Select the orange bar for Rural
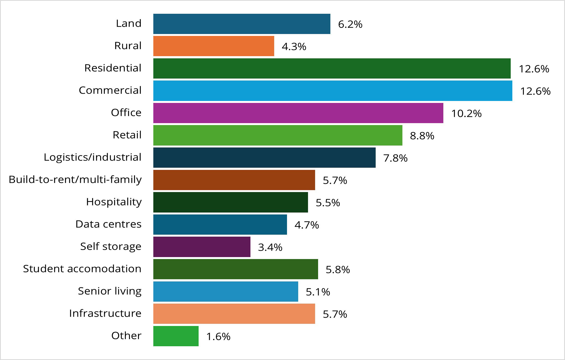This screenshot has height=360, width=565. click(214, 46)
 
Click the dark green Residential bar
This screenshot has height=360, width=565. click(332, 69)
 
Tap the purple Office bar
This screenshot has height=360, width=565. click(298, 113)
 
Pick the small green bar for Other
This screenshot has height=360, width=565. click(176, 336)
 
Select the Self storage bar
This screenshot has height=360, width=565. click(202, 247)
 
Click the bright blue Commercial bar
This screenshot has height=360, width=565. click(333, 91)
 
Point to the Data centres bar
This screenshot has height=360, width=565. click(220, 224)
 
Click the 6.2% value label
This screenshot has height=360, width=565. click(350, 24)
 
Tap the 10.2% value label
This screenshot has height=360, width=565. click(466, 114)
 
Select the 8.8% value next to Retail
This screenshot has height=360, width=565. click(422, 136)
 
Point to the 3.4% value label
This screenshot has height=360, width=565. click(270, 247)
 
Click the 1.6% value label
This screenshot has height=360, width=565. click(218, 337)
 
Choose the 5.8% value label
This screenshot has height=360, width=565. click(337, 270)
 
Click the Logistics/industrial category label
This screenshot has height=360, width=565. click(92, 157)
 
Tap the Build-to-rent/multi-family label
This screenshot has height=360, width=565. click(75, 180)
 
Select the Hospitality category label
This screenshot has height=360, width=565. click(114, 202)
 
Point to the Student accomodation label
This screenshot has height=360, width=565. click(82, 269)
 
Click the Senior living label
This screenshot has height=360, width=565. click(110, 291)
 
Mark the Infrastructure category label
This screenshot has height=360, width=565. click(105, 313)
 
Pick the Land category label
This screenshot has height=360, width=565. click(128, 23)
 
